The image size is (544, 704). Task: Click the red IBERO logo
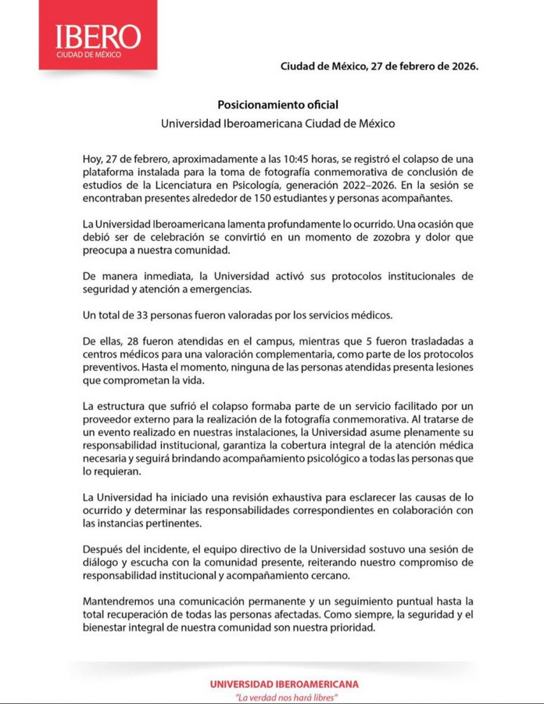click(x=98, y=37)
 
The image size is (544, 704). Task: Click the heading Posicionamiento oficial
click(x=277, y=105)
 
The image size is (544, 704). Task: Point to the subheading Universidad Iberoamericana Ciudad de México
click(x=277, y=124)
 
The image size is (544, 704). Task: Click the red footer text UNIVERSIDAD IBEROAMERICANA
click(x=284, y=684)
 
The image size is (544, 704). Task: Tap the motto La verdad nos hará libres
click(x=285, y=696)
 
